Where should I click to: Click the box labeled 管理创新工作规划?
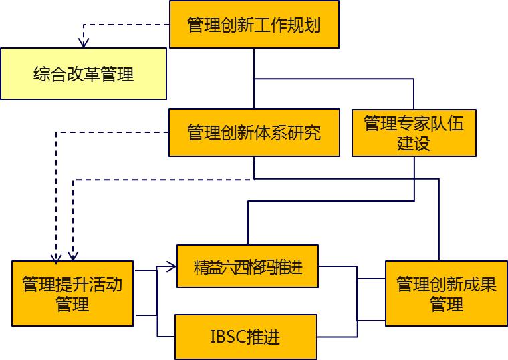[x=253, y=25]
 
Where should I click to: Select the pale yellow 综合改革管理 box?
[x=83, y=73]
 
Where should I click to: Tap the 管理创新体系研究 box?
[x=253, y=132]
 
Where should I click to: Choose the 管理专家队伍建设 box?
[x=413, y=132]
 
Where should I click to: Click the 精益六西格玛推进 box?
[x=247, y=266]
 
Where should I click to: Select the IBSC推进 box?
[x=245, y=336]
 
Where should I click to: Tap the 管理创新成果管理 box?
[x=446, y=294]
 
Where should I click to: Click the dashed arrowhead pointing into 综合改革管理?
[x=84, y=43]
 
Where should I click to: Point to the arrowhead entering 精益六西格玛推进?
[x=172, y=268]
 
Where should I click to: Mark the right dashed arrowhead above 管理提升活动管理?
[x=72, y=256]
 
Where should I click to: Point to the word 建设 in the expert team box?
[x=413, y=143]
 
